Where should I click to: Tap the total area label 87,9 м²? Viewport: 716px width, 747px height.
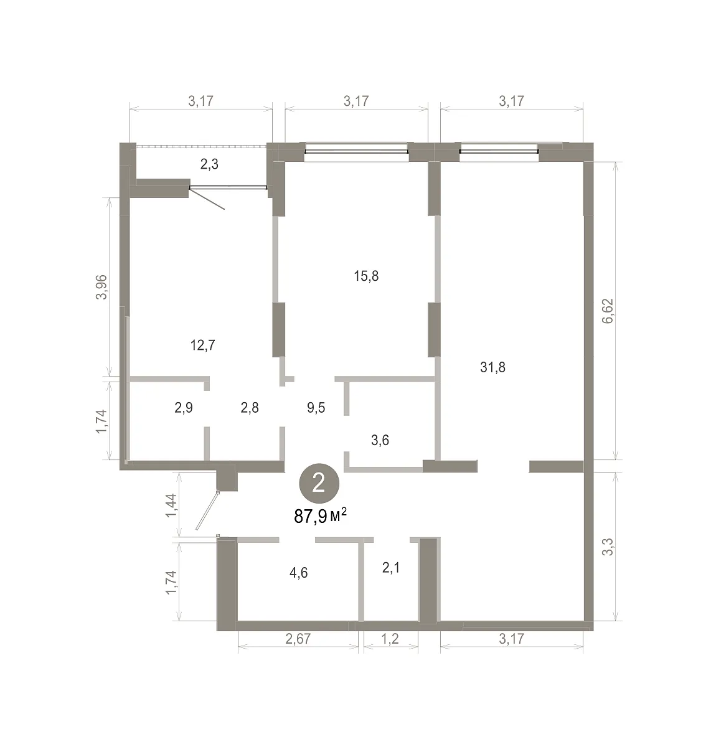(x=320, y=516)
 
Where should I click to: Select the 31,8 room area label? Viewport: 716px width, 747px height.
(x=492, y=367)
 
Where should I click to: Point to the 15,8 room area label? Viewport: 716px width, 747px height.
(x=366, y=276)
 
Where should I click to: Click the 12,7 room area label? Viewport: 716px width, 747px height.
(x=203, y=345)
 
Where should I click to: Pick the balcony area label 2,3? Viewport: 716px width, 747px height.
(x=209, y=164)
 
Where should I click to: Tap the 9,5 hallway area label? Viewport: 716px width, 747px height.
(x=316, y=408)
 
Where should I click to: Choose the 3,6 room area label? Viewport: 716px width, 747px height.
(x=380, y=440)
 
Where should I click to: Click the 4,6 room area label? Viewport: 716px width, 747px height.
(x=299, y=573)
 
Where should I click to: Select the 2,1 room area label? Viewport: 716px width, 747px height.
(x=391, y=567)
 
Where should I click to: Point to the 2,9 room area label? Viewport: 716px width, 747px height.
(x=184, y=408)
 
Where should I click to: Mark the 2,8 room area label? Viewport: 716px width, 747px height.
(x=250, y=408)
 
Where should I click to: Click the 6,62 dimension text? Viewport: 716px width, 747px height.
(x=608, y=311)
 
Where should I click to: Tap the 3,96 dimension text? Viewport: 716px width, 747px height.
(x=101, y=287)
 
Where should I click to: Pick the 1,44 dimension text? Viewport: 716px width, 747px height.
(x=171, y=505)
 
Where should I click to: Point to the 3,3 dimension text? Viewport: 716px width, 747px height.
(x=608, y=547)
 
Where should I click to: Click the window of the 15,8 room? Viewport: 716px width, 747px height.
(x=356, y=152)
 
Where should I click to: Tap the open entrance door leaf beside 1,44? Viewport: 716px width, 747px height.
(x=207, y=510)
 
